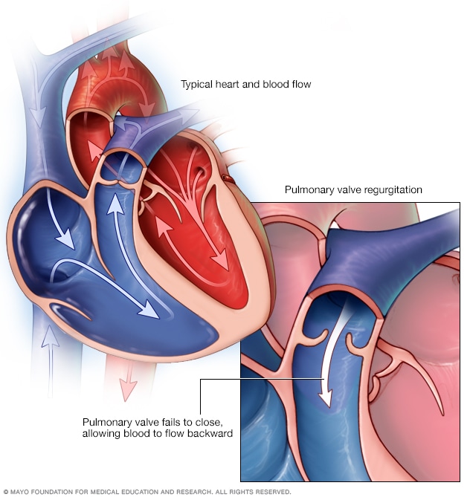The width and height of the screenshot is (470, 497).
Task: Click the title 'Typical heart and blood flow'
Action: click(x=245, y=85)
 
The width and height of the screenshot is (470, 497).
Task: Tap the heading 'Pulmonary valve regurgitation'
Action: click(x=353, y=190)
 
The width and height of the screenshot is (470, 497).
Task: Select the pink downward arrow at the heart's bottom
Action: click(x=128, y=380)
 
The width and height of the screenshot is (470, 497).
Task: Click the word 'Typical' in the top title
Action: click(x=197, y=85)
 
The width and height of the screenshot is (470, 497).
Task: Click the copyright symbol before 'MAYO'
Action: click(x=6, y=491)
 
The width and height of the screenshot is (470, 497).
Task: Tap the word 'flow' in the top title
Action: click(x=300, y=85)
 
